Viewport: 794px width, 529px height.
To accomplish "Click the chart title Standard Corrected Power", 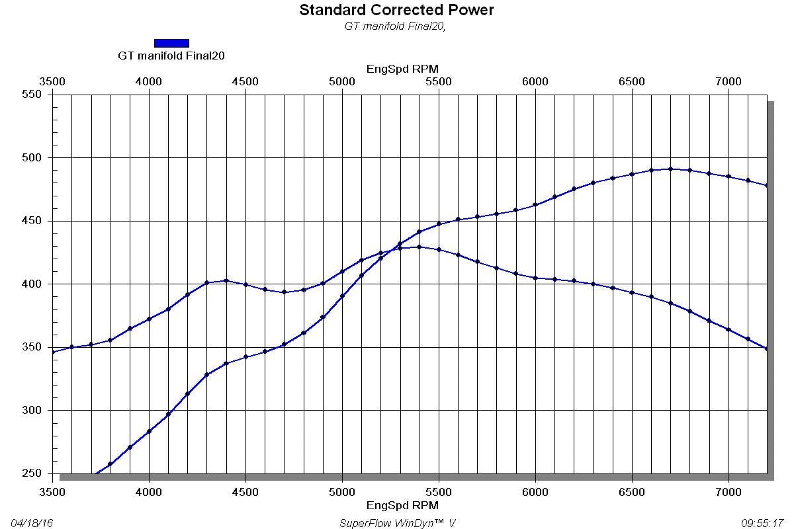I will tap(396, 10).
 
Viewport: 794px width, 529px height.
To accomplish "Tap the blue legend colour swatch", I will tap(171, 43).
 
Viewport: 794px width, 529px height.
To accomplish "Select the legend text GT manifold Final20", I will tap(171, 56).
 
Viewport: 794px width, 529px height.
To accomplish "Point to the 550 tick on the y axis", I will tap(33, 95).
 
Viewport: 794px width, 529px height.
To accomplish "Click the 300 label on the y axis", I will tap(33, 410).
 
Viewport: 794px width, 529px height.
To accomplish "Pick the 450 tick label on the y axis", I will tap(33, 221).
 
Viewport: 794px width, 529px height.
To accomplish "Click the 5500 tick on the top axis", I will tap(438, 81).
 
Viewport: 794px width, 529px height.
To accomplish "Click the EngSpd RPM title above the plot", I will tap(402, 69).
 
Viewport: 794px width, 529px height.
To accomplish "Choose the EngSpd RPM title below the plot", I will tap(402, 505).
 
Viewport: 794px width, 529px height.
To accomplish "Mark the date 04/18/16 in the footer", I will tap(32, 523).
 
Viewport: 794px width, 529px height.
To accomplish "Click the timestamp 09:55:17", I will tap(762, 523).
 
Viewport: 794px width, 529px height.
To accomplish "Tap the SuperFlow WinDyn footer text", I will tap(397, 523).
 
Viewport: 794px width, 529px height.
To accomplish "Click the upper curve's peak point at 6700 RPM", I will tap(670, 169).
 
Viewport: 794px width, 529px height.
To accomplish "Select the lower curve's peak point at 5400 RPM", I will tap(419, 247).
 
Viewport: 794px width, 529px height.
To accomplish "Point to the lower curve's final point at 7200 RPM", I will tap(767, 348).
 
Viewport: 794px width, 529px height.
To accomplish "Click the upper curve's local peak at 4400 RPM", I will tap(226, 280).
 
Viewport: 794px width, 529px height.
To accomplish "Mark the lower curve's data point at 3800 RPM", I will tap(110, 464).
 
